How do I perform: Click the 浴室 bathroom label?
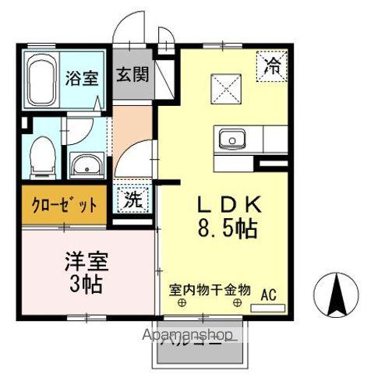[80, 79]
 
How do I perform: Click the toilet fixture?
[39, 152]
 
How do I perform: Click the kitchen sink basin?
[231, 140]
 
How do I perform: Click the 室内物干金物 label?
[210, 289]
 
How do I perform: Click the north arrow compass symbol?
[339, 297]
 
